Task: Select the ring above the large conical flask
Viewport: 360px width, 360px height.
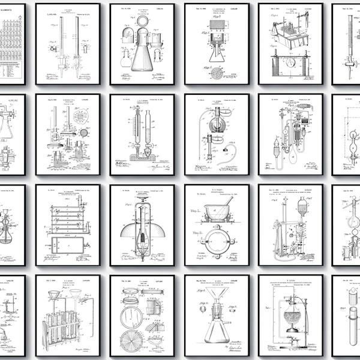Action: pyautogui.click(x=142, y=19)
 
